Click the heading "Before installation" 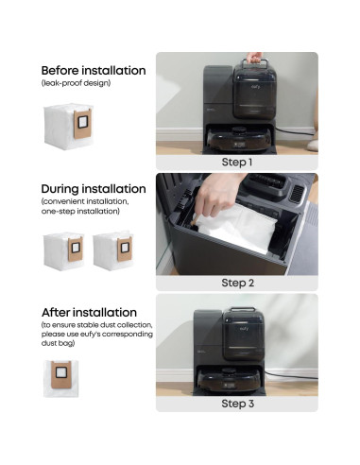(94, 70)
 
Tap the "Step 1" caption (237, 163)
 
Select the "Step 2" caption (237, 283)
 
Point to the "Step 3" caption (237, 404)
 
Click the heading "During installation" (94, 189)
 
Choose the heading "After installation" (89, 313)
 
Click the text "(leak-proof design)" (76, 83)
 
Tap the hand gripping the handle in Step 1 (254, 58)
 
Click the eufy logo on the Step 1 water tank (255, 86)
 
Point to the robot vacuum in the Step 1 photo (239, 140)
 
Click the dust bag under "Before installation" (68, 127)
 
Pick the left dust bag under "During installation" (63, 251)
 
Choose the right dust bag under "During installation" (113, 250)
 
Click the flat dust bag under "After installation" (60, 378)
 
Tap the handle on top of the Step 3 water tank (243, 309)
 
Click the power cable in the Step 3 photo (290, 376)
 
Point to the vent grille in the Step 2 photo (297, 194)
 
